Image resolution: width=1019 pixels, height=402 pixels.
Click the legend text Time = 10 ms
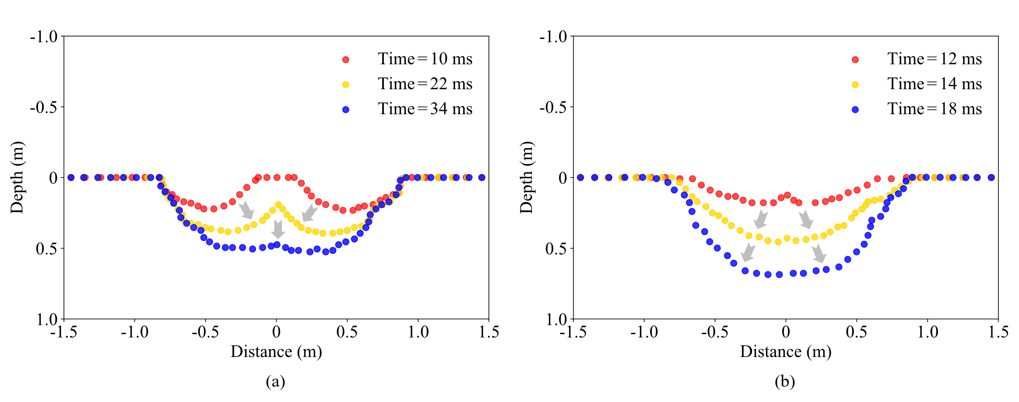tap(425, 59)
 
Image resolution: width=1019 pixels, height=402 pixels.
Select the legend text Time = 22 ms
tap(425, 84)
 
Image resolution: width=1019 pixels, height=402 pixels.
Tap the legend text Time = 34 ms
tap(425, 109)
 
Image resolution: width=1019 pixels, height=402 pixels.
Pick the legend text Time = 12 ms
tap(935, 59)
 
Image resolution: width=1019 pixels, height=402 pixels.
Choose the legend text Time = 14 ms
tap(935, 84)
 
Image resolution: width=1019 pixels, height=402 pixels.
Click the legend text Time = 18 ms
tap(935, 109)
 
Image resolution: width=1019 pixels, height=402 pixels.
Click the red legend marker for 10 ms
tap(346, 60)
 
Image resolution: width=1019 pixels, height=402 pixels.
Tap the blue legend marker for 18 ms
tap(855, 110)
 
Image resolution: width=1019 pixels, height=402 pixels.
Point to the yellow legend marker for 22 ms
tap(346, 85)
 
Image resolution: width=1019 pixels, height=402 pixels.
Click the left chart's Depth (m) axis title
tap(17, 177)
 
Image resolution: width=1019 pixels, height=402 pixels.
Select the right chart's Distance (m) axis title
tap(785, 351)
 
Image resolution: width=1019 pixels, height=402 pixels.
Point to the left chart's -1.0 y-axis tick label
tap(43, 37)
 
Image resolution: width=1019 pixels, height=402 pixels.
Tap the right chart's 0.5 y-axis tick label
tap(556, 248)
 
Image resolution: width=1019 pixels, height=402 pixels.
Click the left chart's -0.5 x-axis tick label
tap(205, 332)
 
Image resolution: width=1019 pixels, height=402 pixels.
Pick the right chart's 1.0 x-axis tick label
tap(927, 332)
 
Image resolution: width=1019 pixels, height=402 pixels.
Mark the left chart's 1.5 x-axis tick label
tap(489, 332)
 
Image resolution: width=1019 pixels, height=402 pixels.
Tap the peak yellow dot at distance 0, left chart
tap(279, 205)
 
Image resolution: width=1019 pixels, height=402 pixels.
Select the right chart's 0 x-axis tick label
tap(785, 332)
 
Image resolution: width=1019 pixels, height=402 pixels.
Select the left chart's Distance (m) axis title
tap(276, 351)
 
